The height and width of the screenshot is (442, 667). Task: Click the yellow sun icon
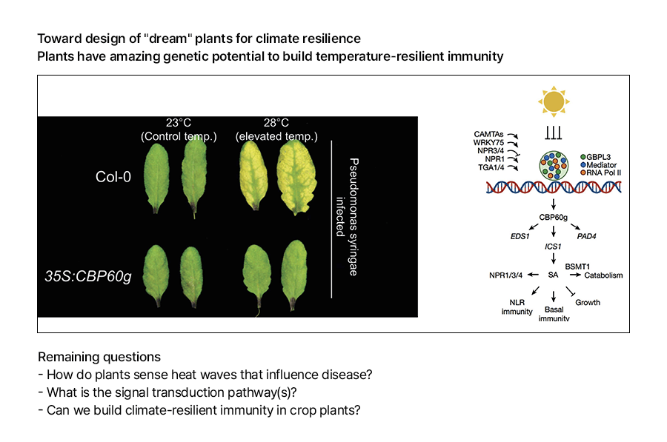tap(554, 101)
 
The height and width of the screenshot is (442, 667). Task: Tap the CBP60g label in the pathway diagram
tap(553, 217)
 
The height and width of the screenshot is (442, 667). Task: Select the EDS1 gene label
tap(520, 236)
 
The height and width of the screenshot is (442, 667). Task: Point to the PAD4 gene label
tap(586, 236)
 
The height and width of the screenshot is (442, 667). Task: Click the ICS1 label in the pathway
tap(553, 247)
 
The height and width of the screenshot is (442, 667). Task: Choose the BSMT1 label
tap(577, 267)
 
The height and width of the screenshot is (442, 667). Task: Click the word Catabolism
tap(603, 275)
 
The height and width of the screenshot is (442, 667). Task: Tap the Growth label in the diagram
tap(588, 303)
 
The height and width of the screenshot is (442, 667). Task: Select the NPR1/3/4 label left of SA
tap(505, 275)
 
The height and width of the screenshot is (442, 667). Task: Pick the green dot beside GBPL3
tap(583, 157)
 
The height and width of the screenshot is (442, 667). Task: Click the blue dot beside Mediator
tap(583, 165)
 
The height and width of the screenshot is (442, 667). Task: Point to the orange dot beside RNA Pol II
tap(583, 173)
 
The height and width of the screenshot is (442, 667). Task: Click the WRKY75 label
tap(488, 143)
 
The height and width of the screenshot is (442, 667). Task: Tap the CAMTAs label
tap(488, 134)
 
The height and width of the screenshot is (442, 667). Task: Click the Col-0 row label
tap(113, 177)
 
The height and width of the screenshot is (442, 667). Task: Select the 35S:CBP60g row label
tap(88, 276)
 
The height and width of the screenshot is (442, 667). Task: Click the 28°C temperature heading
tap(276, 123)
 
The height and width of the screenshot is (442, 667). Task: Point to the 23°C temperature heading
tap(178, 123)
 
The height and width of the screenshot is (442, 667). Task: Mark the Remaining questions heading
tap(99, 357)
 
